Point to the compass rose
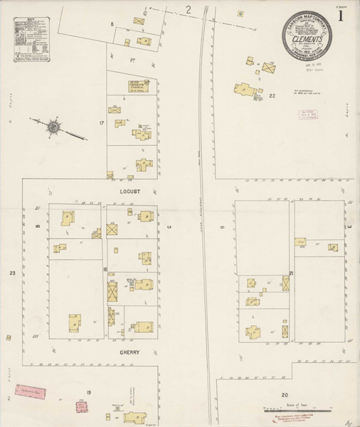(54, 127)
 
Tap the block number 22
(272, 95)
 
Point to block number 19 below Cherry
(89, 393)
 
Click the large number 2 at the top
(189, 9)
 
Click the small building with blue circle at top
(240, 14)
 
